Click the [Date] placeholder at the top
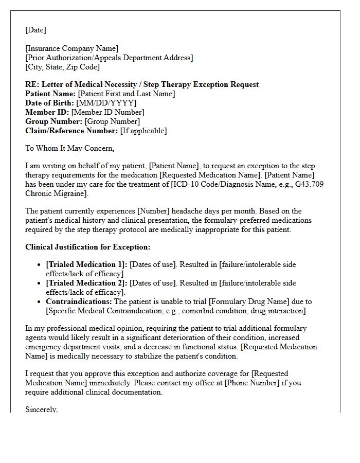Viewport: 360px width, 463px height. click(35, 30)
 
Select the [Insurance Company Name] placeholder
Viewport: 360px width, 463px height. click(71, 48)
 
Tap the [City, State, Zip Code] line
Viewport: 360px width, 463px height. click(62, 67)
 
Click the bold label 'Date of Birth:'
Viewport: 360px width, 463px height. click(49, 103)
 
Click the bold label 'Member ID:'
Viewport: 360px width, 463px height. click(47, 112)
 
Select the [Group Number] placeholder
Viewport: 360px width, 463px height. click(112, 121)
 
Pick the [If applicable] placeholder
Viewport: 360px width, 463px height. click(143, 131)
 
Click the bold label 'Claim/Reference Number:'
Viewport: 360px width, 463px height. click(71, 131)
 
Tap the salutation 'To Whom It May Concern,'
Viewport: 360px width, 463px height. click(69, 148)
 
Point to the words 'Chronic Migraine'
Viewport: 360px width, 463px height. click(56, 193)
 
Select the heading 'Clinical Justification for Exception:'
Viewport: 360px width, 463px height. click(88, 247)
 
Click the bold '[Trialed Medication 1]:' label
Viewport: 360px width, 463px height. click(86, 264)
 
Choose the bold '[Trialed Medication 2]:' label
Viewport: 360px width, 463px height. click(86, 283)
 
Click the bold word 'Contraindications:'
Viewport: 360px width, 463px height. click(79, 301)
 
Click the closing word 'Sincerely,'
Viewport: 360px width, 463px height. click(42, 409)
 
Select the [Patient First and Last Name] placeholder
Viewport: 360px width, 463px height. click(126, 94)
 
